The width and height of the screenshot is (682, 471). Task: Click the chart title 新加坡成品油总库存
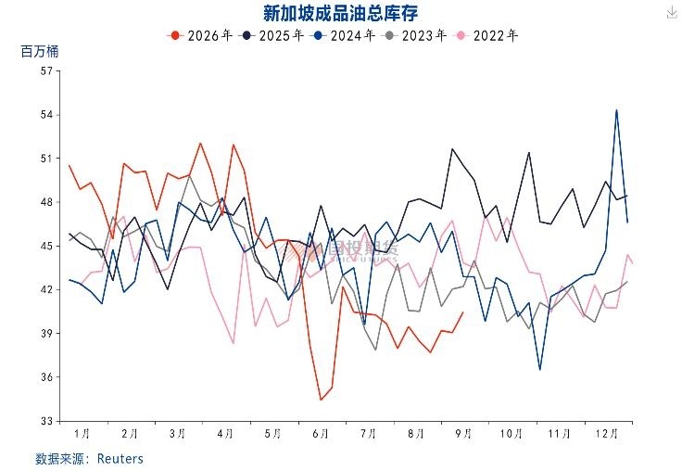[341, 13]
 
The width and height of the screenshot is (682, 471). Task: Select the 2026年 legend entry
[200, 35]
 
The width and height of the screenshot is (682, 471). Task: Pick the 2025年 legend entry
[272, 35]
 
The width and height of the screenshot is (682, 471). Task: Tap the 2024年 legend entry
[343, 35]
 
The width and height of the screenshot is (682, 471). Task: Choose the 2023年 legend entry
[414, 35]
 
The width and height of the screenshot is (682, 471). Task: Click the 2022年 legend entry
[486, 35]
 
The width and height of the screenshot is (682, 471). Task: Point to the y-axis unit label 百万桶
[40, 52]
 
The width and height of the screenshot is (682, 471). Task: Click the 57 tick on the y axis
[46, 71]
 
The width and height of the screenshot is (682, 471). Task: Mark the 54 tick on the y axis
[46, 115]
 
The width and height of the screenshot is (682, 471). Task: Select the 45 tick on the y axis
[46, 246]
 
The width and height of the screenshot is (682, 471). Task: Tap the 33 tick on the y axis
[46, 421]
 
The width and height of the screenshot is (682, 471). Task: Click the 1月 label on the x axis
[82, 434]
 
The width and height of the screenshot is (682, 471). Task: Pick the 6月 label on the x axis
[321, 434]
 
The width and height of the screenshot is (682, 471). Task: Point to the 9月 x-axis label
[463, 434]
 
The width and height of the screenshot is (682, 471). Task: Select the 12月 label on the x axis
[607, 434]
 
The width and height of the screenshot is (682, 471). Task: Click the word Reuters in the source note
[120, 459]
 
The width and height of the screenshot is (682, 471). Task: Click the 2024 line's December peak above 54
[616, 110]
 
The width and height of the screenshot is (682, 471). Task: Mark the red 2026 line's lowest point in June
[321, 400]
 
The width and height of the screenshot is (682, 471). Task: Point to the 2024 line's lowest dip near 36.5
[540, 370]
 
